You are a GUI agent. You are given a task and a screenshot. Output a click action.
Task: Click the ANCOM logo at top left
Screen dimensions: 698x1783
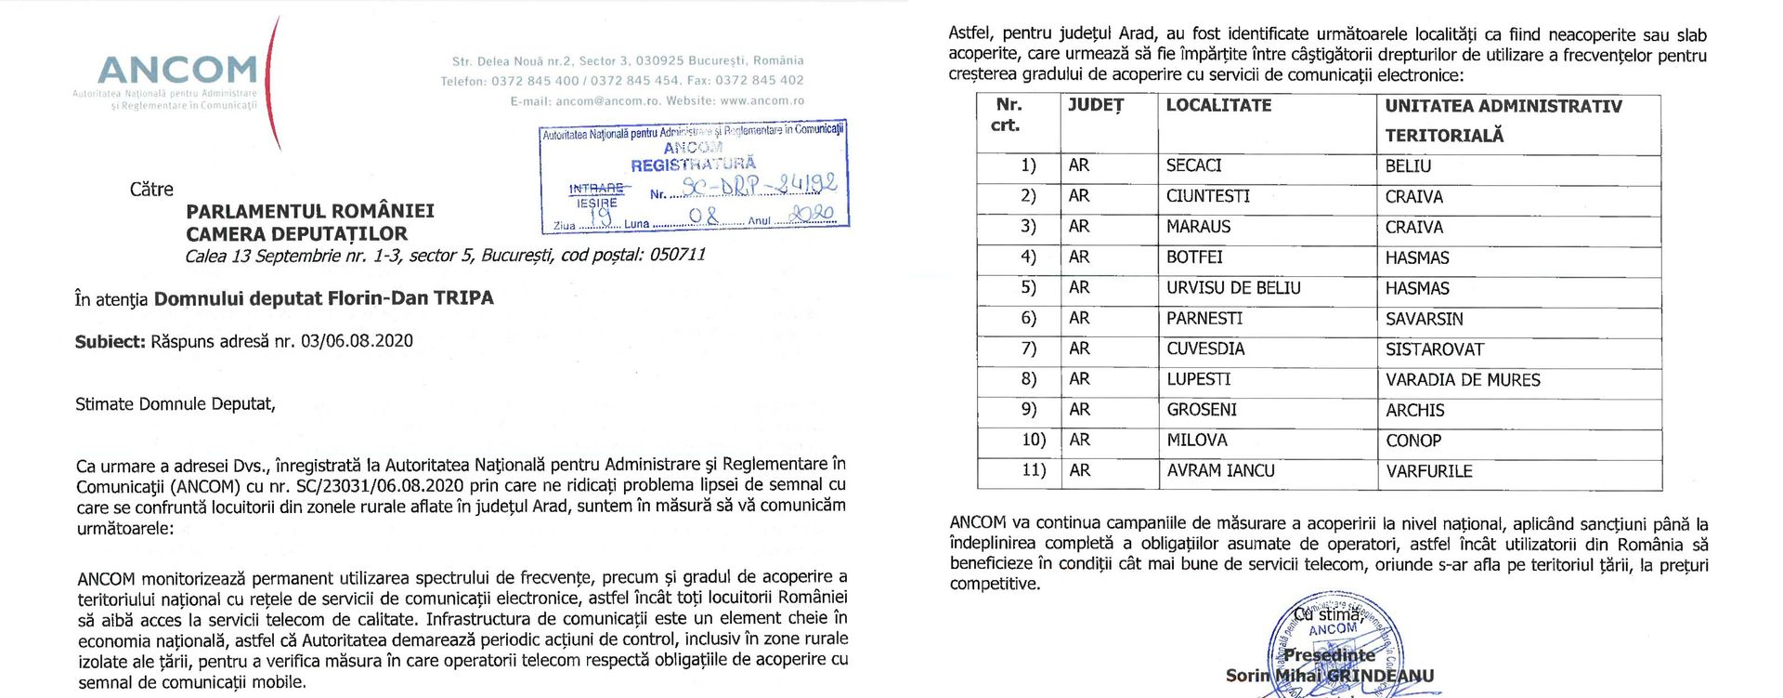[x=176, y=71]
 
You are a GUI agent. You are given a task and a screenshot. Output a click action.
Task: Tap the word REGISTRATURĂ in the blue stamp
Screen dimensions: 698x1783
[x=693, y=165]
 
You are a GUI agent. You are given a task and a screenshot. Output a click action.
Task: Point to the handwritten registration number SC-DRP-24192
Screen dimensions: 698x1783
[x=759, y=186]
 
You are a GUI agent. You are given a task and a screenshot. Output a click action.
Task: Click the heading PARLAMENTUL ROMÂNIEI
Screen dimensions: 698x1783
[x=310, y=211]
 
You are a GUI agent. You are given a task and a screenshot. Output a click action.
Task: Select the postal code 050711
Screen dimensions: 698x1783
[x=677, y=254]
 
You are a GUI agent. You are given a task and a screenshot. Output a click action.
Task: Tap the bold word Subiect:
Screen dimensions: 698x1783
[x=110, y=341]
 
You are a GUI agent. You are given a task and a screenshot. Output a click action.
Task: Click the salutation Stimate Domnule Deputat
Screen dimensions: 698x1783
[x=175, y=404]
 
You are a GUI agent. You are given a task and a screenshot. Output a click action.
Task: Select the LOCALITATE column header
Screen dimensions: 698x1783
[x=1218, y=106]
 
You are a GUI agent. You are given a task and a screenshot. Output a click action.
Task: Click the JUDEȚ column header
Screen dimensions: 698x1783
[x=1096, y=106]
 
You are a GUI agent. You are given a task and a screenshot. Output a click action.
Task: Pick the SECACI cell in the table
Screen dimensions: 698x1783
[x=1193, y=165]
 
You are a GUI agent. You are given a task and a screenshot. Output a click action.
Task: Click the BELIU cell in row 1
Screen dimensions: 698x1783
[x=1408, y=166]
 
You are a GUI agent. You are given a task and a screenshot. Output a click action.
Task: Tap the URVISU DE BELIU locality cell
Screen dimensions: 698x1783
[x=1233, y=288]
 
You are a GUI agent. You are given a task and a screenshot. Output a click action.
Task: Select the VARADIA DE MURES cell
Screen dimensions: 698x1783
[x=1463, y=380]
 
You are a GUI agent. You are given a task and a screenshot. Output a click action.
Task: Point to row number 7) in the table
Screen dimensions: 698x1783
[x=1028, y=349]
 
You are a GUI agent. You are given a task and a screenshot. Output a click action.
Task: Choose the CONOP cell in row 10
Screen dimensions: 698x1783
[x=1413, y=441]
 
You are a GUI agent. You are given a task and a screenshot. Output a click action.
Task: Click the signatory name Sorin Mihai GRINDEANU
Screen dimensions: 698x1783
[x=1329, y=676]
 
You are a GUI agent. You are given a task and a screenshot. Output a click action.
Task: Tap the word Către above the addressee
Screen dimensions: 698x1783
[x=151, y=190]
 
